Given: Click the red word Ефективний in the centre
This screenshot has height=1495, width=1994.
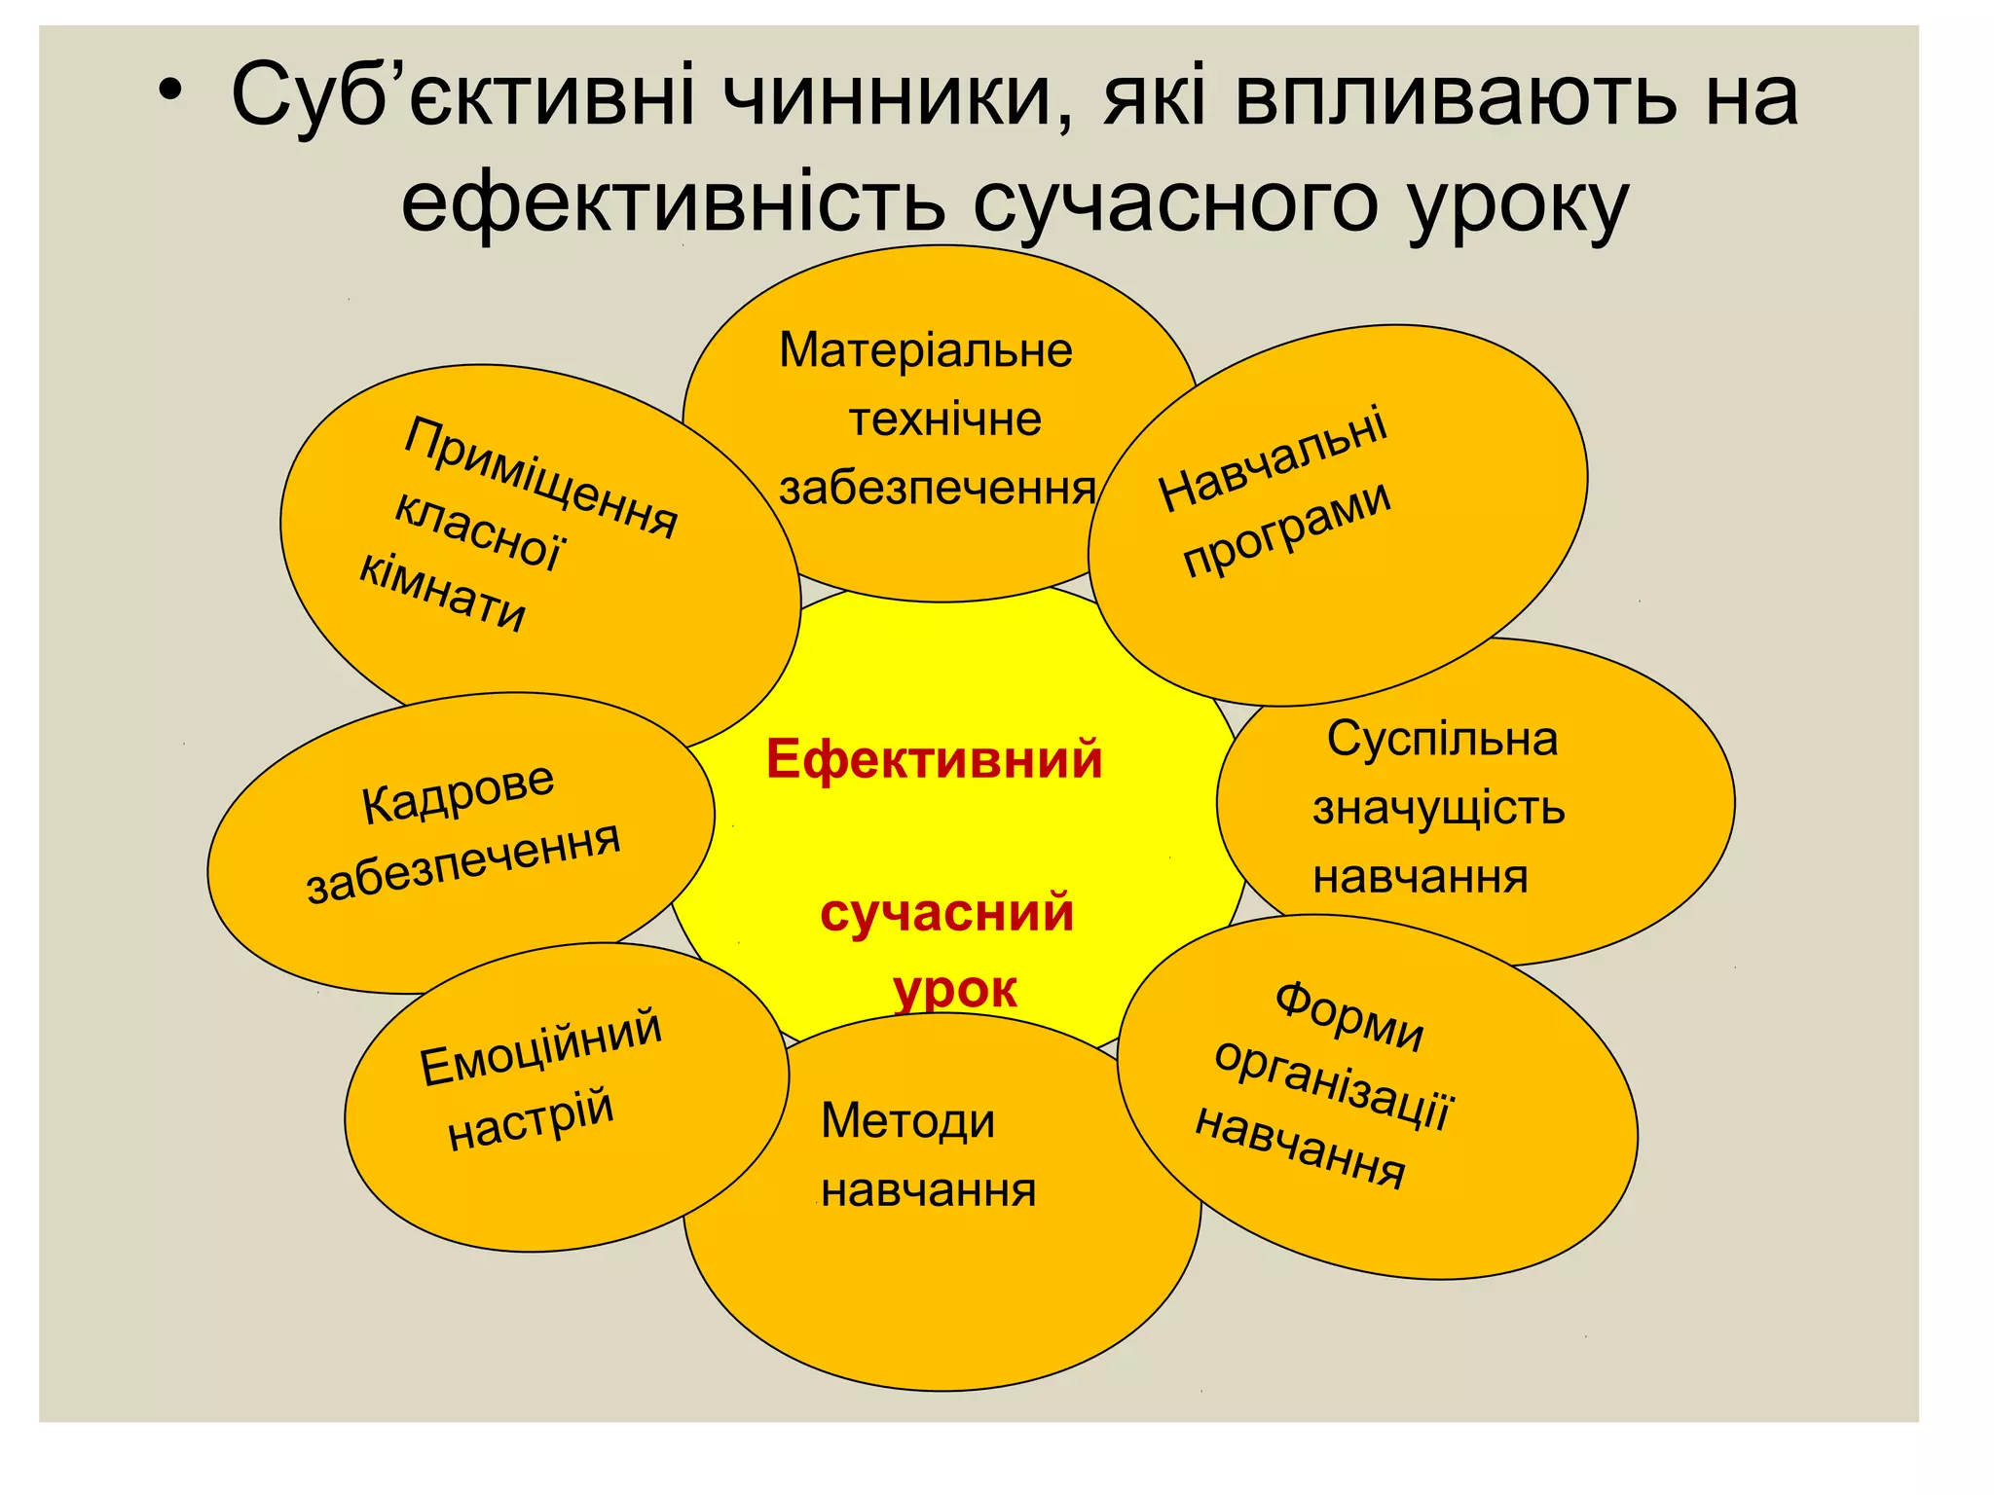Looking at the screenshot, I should pyautogui.click(x=934, y=759).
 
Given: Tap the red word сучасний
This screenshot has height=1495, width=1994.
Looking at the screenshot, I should pyautogui.click(x=946, y=913).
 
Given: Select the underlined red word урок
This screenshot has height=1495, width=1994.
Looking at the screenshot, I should pyautogui.click(x=954, y=991).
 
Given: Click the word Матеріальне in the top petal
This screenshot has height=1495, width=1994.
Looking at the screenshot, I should pyautogui.click(x=925, y=350).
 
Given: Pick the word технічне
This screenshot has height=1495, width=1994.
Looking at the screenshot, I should pyautogui.click(x=944, y=419).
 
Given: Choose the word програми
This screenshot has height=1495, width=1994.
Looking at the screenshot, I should pyautogui.click(x=1286, y=529).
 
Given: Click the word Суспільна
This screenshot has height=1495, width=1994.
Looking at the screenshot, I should pyautogui.click(x=1442, y=739).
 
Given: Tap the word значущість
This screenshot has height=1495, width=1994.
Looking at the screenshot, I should pyautogui.click(x=1438, y=808).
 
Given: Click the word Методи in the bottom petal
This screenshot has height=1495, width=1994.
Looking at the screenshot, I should pyautogui.click(x=907, y=1121).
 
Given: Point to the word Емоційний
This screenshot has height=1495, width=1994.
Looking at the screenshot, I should pyautogui.click(x=540, y=1047).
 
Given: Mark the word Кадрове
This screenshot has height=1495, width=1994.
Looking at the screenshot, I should pyautogui.click(x=458, y=793).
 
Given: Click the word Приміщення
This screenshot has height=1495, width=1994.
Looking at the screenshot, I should pyautogui.click(x=541, y=477).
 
